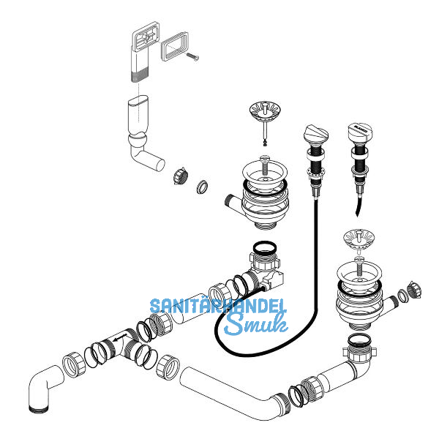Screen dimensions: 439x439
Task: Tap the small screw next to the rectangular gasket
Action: [x=193, y=57]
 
